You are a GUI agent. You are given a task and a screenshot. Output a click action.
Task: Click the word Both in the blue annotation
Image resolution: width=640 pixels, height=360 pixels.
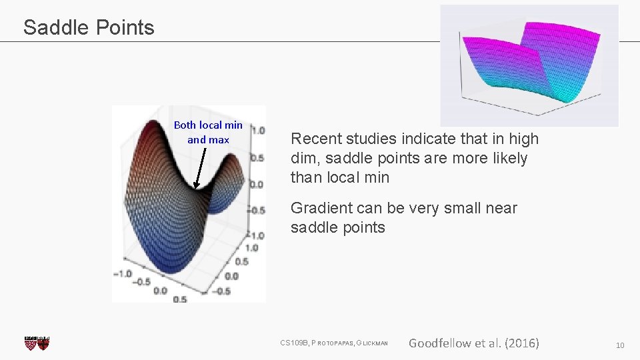coord(185,125)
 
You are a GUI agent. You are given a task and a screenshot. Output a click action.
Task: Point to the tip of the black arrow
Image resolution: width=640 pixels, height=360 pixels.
coord(195,190)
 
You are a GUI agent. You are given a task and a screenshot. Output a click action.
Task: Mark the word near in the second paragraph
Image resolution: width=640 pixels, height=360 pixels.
coord(501,209)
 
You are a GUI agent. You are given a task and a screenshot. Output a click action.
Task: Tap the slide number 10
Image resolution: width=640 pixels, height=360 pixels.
coord(620,345)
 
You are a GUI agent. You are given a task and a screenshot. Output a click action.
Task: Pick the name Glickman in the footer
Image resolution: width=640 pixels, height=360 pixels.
coord(373,343)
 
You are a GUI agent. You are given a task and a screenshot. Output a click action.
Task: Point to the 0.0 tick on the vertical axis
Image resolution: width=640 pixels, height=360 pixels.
coord(257,185)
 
